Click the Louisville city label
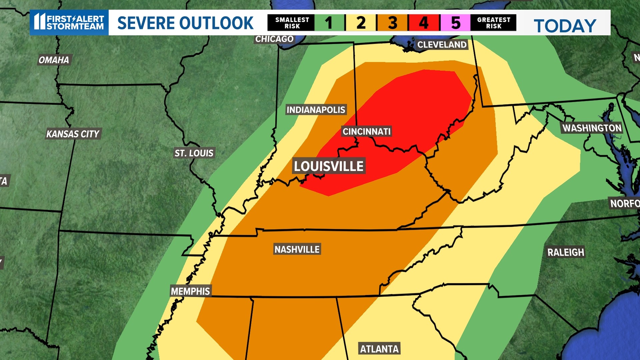(x=329, y=166)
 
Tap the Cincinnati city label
(x=366, y=132)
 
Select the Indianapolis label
(x=316, y=110)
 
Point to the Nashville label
(x=297, y=249)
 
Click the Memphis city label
(x=190, y=291)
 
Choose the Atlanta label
(x=379, y=349)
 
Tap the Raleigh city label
(x=565, y=252)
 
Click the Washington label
(x=592, y=128)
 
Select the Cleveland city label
(x=442, y=45)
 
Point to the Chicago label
(x=274, y=39)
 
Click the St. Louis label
(x=194, y=153)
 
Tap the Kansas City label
(x=73, y=134)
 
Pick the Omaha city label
(x=54, y=60)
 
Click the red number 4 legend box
(x=424, y=23)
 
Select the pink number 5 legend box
(x=455, y=23)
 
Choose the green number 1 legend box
(x=329, y=23)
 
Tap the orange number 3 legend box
(x=392, y=23)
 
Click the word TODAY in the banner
(x=565, y=26)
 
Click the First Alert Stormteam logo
(x=69, y=22)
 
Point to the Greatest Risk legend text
(x=493, y=23)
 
